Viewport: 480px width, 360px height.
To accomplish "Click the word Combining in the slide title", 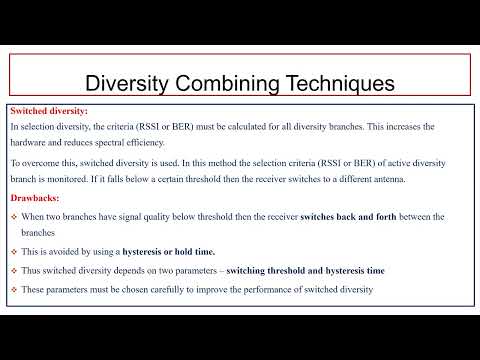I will [x=231, y=80].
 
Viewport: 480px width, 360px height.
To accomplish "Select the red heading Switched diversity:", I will [x=48, y=112].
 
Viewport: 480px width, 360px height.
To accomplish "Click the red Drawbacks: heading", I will [x=37, y=198].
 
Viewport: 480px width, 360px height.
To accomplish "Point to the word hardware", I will [x=31, y=142].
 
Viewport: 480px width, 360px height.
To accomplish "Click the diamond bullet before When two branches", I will [x=14, y=217].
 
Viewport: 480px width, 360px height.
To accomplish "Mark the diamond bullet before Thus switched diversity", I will [x=14, y=271].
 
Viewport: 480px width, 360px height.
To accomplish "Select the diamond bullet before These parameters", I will [x=14, y=290].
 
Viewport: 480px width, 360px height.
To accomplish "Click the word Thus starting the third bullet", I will [x=32, y=271].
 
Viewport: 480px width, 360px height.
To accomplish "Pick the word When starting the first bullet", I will [x=34, y=217].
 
